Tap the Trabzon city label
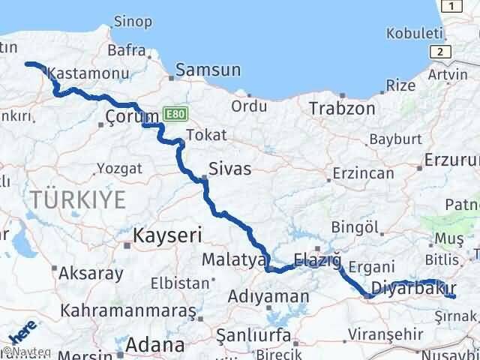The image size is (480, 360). (x=342, y=108)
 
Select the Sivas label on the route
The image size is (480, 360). (x=230, y=169)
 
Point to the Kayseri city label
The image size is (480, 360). (x=168, y=235)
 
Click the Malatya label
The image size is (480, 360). (x=234, y=259)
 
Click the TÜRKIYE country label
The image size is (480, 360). (x=78, y=199)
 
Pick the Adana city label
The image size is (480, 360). (x=155, y=345)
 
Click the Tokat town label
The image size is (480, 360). (x=205, y=135)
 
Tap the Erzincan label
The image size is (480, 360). (x=364, y=173)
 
